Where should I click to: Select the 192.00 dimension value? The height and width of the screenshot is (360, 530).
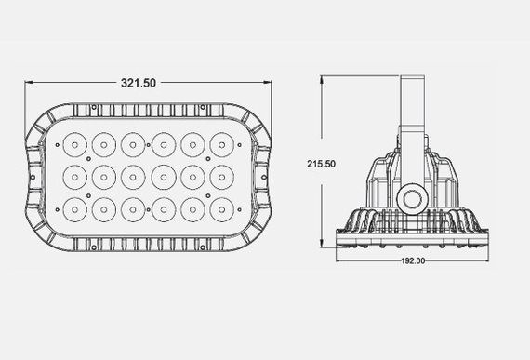[x=414, y=261]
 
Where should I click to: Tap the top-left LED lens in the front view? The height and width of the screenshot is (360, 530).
[x=74, y=144]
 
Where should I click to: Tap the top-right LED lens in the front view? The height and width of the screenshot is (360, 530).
[x=222, y=144]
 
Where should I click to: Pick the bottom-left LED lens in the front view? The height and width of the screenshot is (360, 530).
[x=74, y=205]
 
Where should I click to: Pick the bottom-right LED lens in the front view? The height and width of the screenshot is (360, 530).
[x=222, y=205]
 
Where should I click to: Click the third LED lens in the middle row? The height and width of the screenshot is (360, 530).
[x=134, y=175]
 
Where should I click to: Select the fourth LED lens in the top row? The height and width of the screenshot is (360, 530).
[x=164, y=144]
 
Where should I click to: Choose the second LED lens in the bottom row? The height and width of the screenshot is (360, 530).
[x=104, y=205]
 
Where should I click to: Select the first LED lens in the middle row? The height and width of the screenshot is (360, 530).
[x=74, y=175]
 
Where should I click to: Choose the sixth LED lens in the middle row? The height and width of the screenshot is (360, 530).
[x=222, y=175]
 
